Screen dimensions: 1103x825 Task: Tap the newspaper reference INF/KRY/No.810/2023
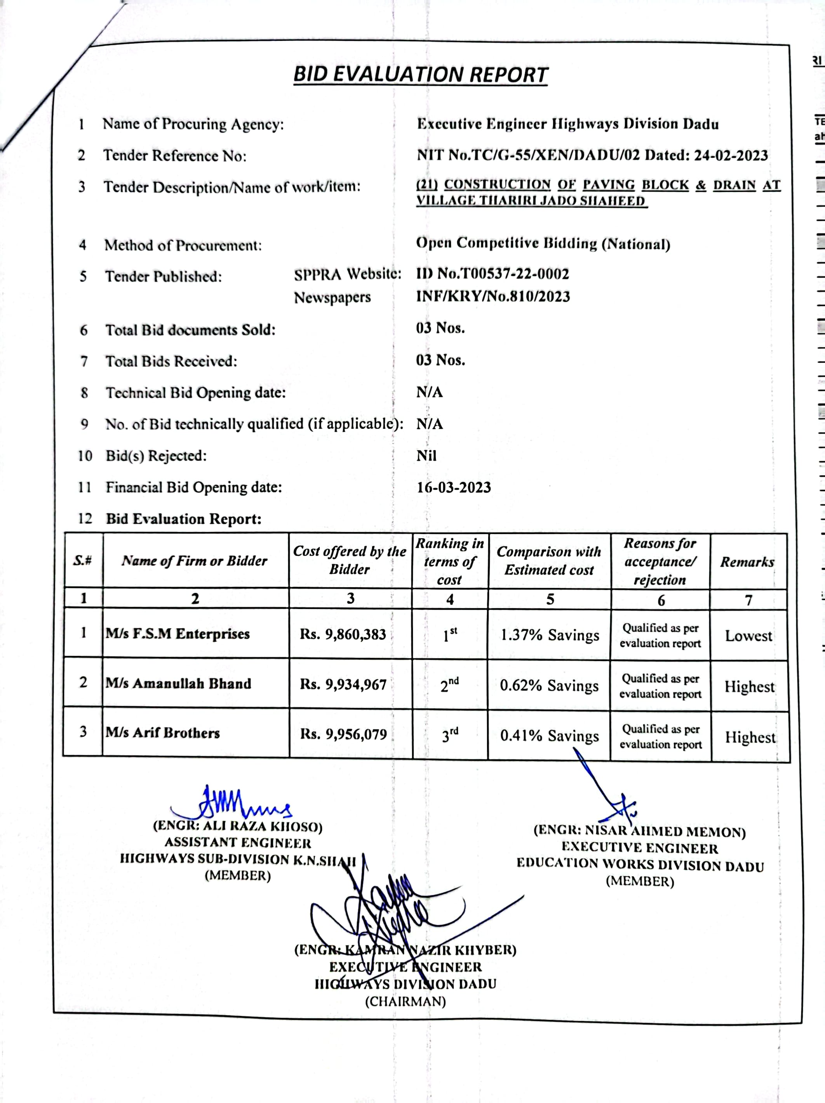(x=493, y=297)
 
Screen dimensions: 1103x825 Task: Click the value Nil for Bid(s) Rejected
(x=426, y=456)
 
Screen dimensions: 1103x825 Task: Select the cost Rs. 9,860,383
(x=343, y=634)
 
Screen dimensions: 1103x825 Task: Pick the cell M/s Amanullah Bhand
(x=178, y=683)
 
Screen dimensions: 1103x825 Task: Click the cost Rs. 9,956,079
(x=343, y=734)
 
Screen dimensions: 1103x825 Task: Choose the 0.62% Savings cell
(x=549, y=685)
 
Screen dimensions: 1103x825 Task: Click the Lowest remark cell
(x=748, y=636)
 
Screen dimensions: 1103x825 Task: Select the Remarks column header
(x=747, y=562)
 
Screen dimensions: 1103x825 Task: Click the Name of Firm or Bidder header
(x=195, y=561)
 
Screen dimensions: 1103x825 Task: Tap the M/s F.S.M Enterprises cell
(x=178, y=634)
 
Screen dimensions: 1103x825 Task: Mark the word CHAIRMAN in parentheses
(x=405, y=1001)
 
